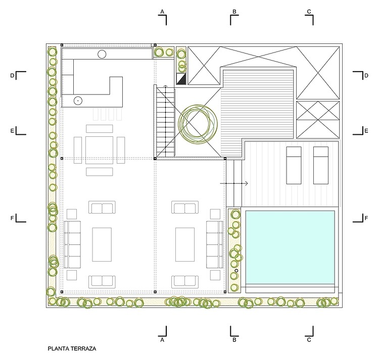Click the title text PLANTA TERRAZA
pos(72,348)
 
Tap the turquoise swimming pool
pos(290,247)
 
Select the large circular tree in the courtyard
pos(198,124)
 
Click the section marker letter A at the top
pos(162,12)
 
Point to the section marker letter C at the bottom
pos(309,340)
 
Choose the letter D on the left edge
pos(12,76)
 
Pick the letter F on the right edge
pos(366,218)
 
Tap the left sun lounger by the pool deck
pos(294,166)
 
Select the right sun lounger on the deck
pos(321,166)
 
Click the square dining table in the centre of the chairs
pos(99,150)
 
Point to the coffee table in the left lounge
pos(102,244)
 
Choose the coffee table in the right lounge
pos(185,244)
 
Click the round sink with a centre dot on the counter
pos(78,100)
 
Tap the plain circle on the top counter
pos(102,55)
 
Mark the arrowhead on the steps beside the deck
pos(247,183)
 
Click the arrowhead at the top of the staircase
pos(165,86)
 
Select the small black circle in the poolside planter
pos(236,271)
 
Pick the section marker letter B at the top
pos(234,12)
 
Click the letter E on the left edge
pos(12,131)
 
